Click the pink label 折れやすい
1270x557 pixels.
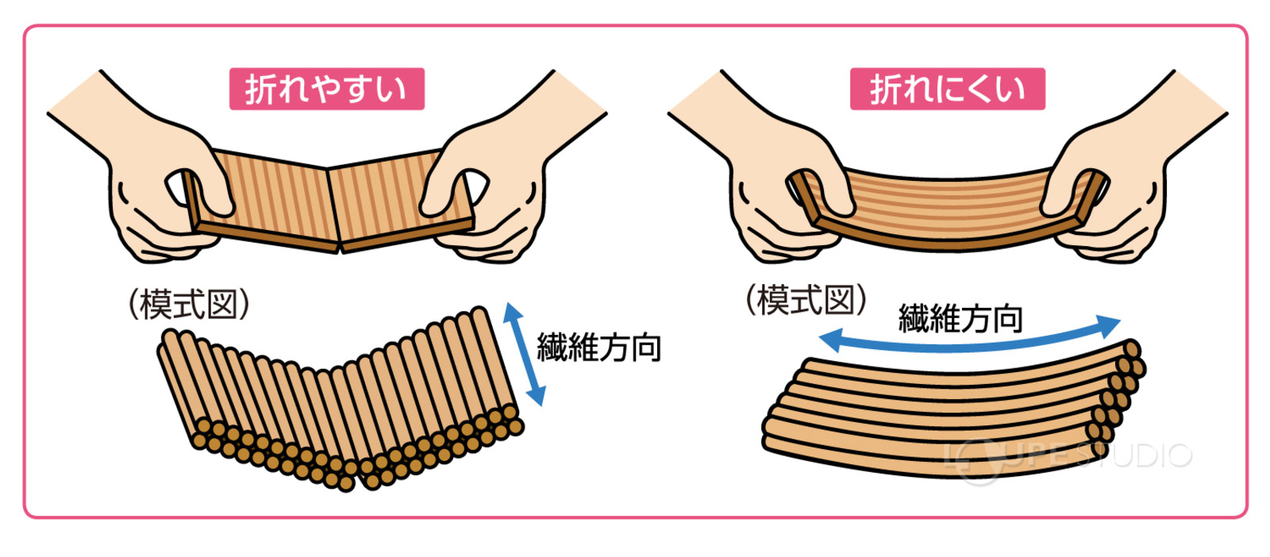[326, 89]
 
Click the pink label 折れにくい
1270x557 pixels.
[947, 89]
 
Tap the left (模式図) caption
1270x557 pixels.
[189, 304]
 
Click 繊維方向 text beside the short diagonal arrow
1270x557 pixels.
[599, 348]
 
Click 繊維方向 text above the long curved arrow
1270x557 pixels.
[960, 318]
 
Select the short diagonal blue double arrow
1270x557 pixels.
[525, 354]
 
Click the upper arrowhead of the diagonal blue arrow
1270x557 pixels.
[512, 310]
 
